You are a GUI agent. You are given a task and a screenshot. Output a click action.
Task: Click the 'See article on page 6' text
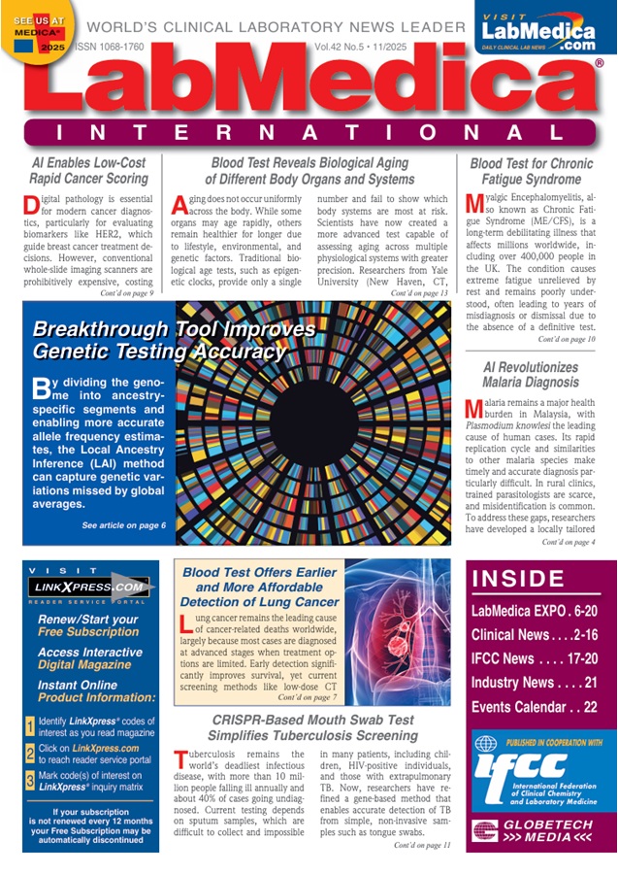[123, 525]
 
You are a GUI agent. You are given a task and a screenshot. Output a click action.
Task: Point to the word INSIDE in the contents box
[513, 581]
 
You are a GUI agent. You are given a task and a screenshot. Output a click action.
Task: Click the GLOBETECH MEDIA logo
[538, 831]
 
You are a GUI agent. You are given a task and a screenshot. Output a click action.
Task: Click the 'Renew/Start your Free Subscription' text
[88, 625]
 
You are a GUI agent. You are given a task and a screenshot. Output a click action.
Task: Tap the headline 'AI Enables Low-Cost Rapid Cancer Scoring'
[88, 171]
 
